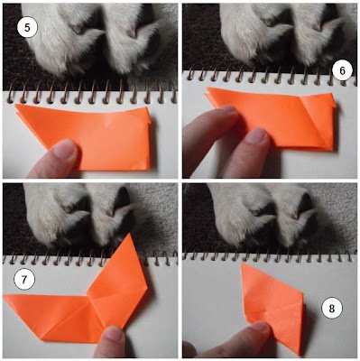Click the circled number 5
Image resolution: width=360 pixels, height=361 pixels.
click(x=27, y=28)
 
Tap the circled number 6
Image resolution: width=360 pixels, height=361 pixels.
click(x=342, y=71)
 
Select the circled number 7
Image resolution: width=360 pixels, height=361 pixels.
click(x=24, y=280)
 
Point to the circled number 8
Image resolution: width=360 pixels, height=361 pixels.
click(x=332, y=309)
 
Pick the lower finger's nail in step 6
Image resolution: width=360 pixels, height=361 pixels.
click(x=258, y=134)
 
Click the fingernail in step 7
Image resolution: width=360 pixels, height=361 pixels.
click(x=114, y=333)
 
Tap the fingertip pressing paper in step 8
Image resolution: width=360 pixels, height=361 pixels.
click(x=259, y=329)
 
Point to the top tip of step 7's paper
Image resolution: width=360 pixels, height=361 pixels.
click(x=130, y=233)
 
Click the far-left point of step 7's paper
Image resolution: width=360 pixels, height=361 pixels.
click(x=5, y=296)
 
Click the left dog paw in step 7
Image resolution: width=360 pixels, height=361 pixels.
click(x=56, y=215)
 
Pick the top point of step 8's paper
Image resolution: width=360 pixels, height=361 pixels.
click(x=243, y=264)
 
